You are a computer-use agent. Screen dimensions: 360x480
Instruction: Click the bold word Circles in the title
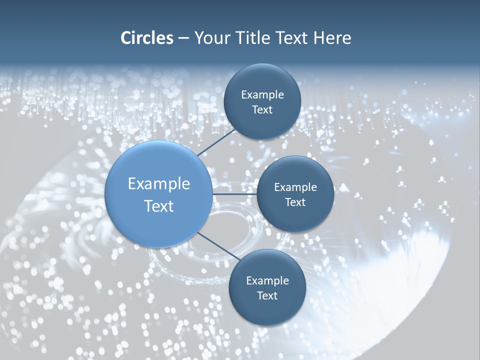click(146, 38)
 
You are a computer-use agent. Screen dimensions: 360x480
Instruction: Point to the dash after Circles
click(183, 39)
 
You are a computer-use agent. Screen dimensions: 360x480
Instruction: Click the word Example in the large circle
click(158, 184)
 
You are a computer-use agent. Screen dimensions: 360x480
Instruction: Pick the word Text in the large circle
click(158, 206)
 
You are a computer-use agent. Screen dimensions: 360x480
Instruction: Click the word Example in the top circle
click(262, 95)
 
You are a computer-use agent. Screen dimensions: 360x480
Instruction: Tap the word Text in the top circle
click(262, 110)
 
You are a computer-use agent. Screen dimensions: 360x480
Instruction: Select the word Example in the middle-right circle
click(295, 187)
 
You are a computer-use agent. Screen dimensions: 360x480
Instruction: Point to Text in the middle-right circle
click(295, 202)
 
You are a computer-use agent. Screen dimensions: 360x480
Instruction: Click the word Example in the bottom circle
click(267, 281)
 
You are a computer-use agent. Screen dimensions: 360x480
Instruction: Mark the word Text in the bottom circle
click(267, 296)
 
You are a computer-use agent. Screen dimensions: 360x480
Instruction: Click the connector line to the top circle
click(216, 142)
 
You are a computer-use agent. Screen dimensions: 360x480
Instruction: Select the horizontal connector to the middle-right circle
click(235, 194)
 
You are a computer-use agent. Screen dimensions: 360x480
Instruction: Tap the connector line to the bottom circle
click(219, 246)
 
